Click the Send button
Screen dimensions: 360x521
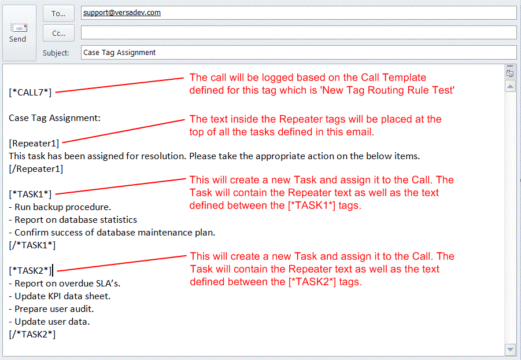pos(18,33)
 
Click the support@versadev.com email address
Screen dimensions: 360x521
pos(121,12)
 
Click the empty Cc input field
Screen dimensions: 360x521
pos(298,32)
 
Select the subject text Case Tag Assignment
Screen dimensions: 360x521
pos(120,52)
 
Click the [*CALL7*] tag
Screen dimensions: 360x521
pos(30,91)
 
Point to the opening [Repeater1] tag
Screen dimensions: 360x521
pos(34,143)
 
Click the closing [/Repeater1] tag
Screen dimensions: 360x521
pos(36,169)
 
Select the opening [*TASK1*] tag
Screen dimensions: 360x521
pos(30,194)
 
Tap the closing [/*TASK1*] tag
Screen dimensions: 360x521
pos(32,245)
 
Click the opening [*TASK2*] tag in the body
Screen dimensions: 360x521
pos(30,270)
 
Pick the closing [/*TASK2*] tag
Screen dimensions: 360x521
pos(32,334)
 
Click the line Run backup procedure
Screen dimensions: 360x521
pos(62,207)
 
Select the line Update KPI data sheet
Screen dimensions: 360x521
pos(62,296)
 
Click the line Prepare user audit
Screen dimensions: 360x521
pos(54,308)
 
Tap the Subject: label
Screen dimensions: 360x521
pos(56,53)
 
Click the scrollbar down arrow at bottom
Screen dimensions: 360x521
pos(509,350)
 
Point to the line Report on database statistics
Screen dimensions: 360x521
pos(76,219)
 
